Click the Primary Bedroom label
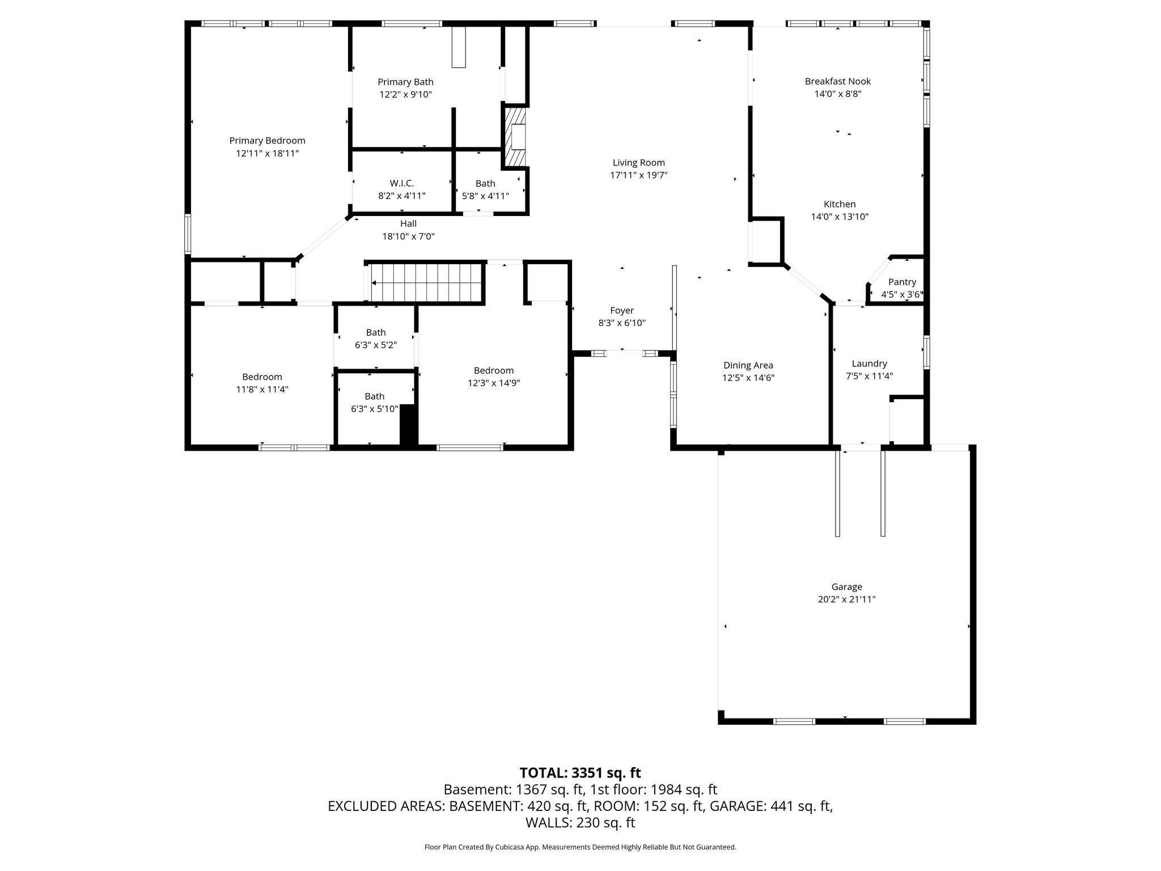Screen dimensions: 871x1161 click(267, 141)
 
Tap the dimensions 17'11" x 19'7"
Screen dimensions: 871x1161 click(638, 176)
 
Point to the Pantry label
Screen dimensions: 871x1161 click(901, 282)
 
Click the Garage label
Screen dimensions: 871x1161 click(846, 587)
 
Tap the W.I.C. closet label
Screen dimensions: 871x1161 click(401, 183)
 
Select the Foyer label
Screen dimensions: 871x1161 click(621, 310)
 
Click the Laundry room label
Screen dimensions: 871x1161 click(869, 363)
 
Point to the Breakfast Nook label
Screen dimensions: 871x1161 click(837, 81)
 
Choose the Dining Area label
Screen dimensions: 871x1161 click(748, 365)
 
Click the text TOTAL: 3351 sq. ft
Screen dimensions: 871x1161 click(580, 773)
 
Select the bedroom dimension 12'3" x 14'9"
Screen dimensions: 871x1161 click(493, 383)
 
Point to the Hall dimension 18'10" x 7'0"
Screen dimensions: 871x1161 click(408, 236)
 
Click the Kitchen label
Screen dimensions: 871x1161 click(839, 204)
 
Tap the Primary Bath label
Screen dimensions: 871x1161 click(405, 82)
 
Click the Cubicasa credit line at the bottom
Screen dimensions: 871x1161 click(580, 847)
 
